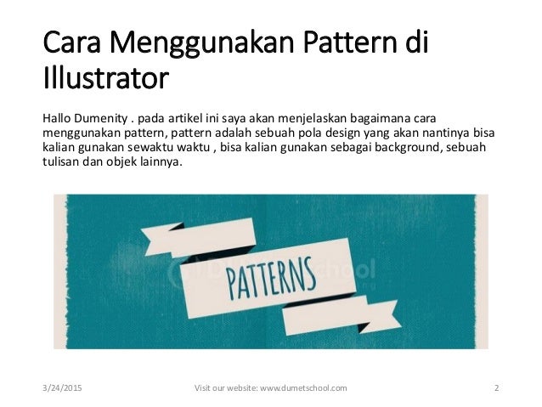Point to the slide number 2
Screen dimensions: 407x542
tap(496, 387)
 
